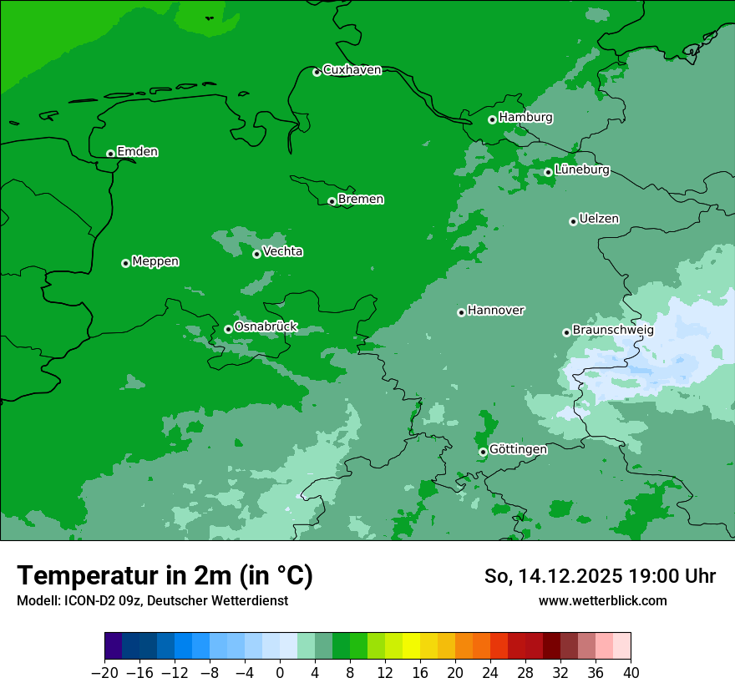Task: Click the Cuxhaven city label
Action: point(352,70)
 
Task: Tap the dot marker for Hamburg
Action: point(493,119)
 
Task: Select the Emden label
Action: point(137,152)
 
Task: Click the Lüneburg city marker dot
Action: point(548,172)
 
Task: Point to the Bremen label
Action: point(361,200)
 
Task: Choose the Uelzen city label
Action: point(599,219)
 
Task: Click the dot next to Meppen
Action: point(125,263)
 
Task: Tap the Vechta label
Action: point(282,251)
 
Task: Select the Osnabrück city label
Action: point(266,327)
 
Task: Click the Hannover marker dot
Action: point(461,312)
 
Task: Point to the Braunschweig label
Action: point(613,331)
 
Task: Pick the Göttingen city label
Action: point(518,449)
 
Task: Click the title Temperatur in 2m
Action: point(165,575)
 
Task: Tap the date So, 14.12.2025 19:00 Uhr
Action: point(600,576)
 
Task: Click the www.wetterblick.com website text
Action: point(602,600)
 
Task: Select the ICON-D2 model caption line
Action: point(152,600)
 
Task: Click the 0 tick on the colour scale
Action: point(280,673)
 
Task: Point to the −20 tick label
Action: point(104,673)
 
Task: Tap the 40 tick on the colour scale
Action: point(631,673)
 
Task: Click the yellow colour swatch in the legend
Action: point(411,646)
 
